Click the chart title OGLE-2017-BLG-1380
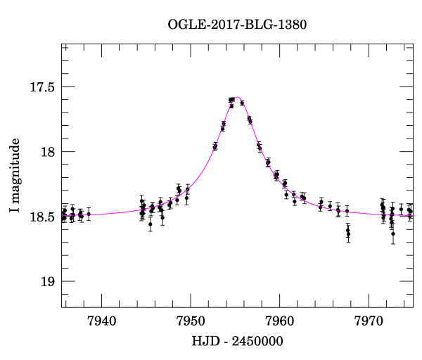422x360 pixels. coord(237,25)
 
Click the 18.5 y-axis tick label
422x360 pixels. coord(44,217)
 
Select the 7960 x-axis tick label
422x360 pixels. coord(280,320)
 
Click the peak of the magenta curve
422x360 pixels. coord(238,98)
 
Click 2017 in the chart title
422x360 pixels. coord(224,25)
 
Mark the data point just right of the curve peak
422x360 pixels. coord(242,103)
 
